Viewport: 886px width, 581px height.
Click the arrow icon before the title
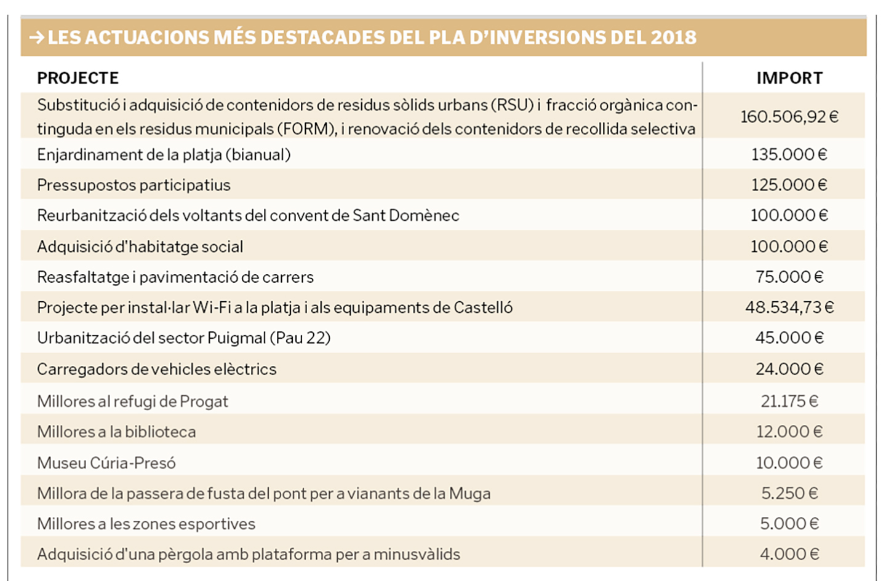point(36,38)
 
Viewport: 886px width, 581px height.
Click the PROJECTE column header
point(78,78)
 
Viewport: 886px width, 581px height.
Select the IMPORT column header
point(789,78)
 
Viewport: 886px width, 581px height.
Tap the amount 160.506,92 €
point(789,117)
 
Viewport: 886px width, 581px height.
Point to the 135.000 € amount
point(789,154)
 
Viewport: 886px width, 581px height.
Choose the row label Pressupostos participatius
point(134,185)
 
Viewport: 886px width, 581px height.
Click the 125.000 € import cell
point(789,185)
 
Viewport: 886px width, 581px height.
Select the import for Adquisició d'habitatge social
point(789,247)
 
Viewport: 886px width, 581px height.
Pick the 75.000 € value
point(789,277)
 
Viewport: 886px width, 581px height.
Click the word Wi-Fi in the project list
point(211,307)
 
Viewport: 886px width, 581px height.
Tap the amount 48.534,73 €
point(789,307)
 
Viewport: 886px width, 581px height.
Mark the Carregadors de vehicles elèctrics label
point(157,369)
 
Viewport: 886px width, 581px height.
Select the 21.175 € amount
point(789,401)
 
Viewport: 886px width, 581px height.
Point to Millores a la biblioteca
point(116,432)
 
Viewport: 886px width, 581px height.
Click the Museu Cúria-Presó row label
point(106,463)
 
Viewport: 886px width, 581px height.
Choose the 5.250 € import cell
point(789,493)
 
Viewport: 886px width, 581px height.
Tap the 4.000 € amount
point(789,554)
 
